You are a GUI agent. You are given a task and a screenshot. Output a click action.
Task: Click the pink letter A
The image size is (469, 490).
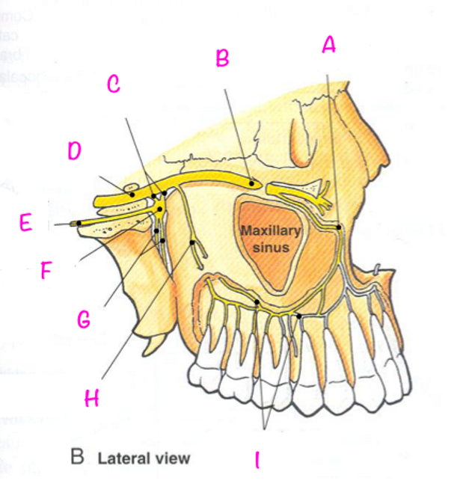click(x=328, y=46)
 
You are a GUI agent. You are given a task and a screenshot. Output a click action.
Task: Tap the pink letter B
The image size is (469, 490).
click(x=222, y=58)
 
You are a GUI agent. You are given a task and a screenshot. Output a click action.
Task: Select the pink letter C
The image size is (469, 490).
click(x=113, y=85)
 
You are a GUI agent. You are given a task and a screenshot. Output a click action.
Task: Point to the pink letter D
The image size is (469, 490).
click(x=74, y=151)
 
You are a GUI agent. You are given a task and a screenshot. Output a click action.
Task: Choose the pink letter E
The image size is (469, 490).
click(x=26, y=223)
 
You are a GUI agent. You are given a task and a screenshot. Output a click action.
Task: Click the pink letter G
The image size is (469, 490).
click(x=85, y=320)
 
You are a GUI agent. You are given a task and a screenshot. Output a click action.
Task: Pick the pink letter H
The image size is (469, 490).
click(x=91, y=399)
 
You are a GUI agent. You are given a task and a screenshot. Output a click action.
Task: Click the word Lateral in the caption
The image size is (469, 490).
click(x=124, y=458)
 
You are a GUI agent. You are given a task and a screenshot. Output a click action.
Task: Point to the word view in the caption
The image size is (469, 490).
click(x=173, y=458)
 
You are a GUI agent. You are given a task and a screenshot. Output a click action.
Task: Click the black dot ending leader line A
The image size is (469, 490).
click(x=339, y=226)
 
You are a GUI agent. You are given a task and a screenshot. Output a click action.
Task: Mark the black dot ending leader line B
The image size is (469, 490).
click(x=253, y=182)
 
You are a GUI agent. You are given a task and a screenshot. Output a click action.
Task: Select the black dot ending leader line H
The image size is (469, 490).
click(x=193, y=242)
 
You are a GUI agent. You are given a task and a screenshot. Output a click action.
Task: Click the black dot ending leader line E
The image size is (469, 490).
click(x=79, y=223)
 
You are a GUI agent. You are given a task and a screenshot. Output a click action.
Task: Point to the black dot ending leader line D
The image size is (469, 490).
click(x=132, y=194)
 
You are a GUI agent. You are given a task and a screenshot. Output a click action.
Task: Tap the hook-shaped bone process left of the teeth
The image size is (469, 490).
click(x=155, y=344)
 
